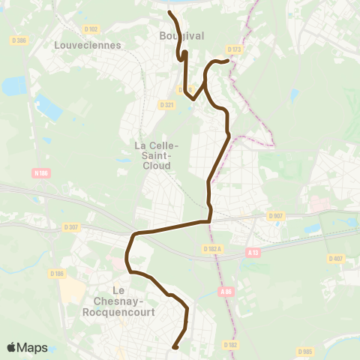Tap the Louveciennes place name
pyautogui.click(x=78, y=44)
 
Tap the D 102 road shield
pyautogui.click(x=91, y=29)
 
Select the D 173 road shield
pyautogui.click(x=235, y=50)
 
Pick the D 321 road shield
pyautogui.click(x=166, y=105)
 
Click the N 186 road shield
pyautogui.click(x=42, y=173)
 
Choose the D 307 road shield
pyautogui.click(x=72, y=226)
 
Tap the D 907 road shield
pyautogui.click(x=275, y=217)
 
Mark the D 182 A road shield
pyautogui.click(x=214, y=247)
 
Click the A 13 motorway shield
pyautogui.click(x=255, y=253)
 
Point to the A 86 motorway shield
pyautogui.click(x=227, y=292)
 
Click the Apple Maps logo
pyautogui.click(x=27, y=347)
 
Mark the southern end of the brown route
pyautogui.click(x=175, y=347)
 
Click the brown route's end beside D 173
pyautogui.click(x=226, y=61)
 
